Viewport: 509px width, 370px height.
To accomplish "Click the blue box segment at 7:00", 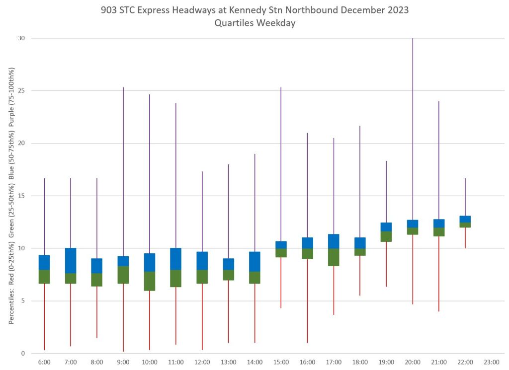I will coord(71,260).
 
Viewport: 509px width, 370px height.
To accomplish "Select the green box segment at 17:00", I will coord(334,257).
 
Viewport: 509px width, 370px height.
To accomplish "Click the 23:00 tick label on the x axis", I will coord(491,363).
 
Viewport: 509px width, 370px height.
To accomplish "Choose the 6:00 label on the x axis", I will coord(44,363).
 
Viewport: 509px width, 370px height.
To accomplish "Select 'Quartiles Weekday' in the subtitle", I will coord(254,23).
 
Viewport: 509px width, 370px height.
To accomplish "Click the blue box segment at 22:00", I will coord(465,219).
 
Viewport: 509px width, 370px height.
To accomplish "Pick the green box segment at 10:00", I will coord(150,281).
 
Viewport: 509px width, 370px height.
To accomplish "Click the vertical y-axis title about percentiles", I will coord(11,196).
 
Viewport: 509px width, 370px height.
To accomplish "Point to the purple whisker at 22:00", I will coord(465,197).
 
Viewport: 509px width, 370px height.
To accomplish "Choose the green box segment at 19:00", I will coord(386,236).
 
